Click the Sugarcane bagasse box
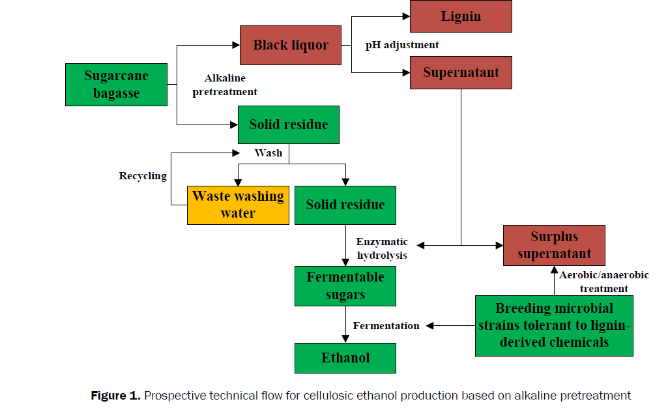click(116, 85)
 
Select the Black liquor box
click(291, 46)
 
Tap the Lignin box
click(461, 16)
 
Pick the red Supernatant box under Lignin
click(461, 72)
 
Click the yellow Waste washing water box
click(238, 205)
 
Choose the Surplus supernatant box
click(554, 245)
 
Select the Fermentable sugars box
click(345, 286)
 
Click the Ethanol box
click(345, 358)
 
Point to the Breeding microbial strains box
click(554, 325)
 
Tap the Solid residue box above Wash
click(289, 124)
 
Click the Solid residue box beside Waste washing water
click(345, 205)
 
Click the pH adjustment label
click(402, 45)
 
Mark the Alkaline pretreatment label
click(225, 85)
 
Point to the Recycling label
click(143, 176)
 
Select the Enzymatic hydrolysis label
click(382, 248)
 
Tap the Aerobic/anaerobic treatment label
click(604, 282)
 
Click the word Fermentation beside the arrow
click(386, 325)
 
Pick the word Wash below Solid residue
click(269, 153)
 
